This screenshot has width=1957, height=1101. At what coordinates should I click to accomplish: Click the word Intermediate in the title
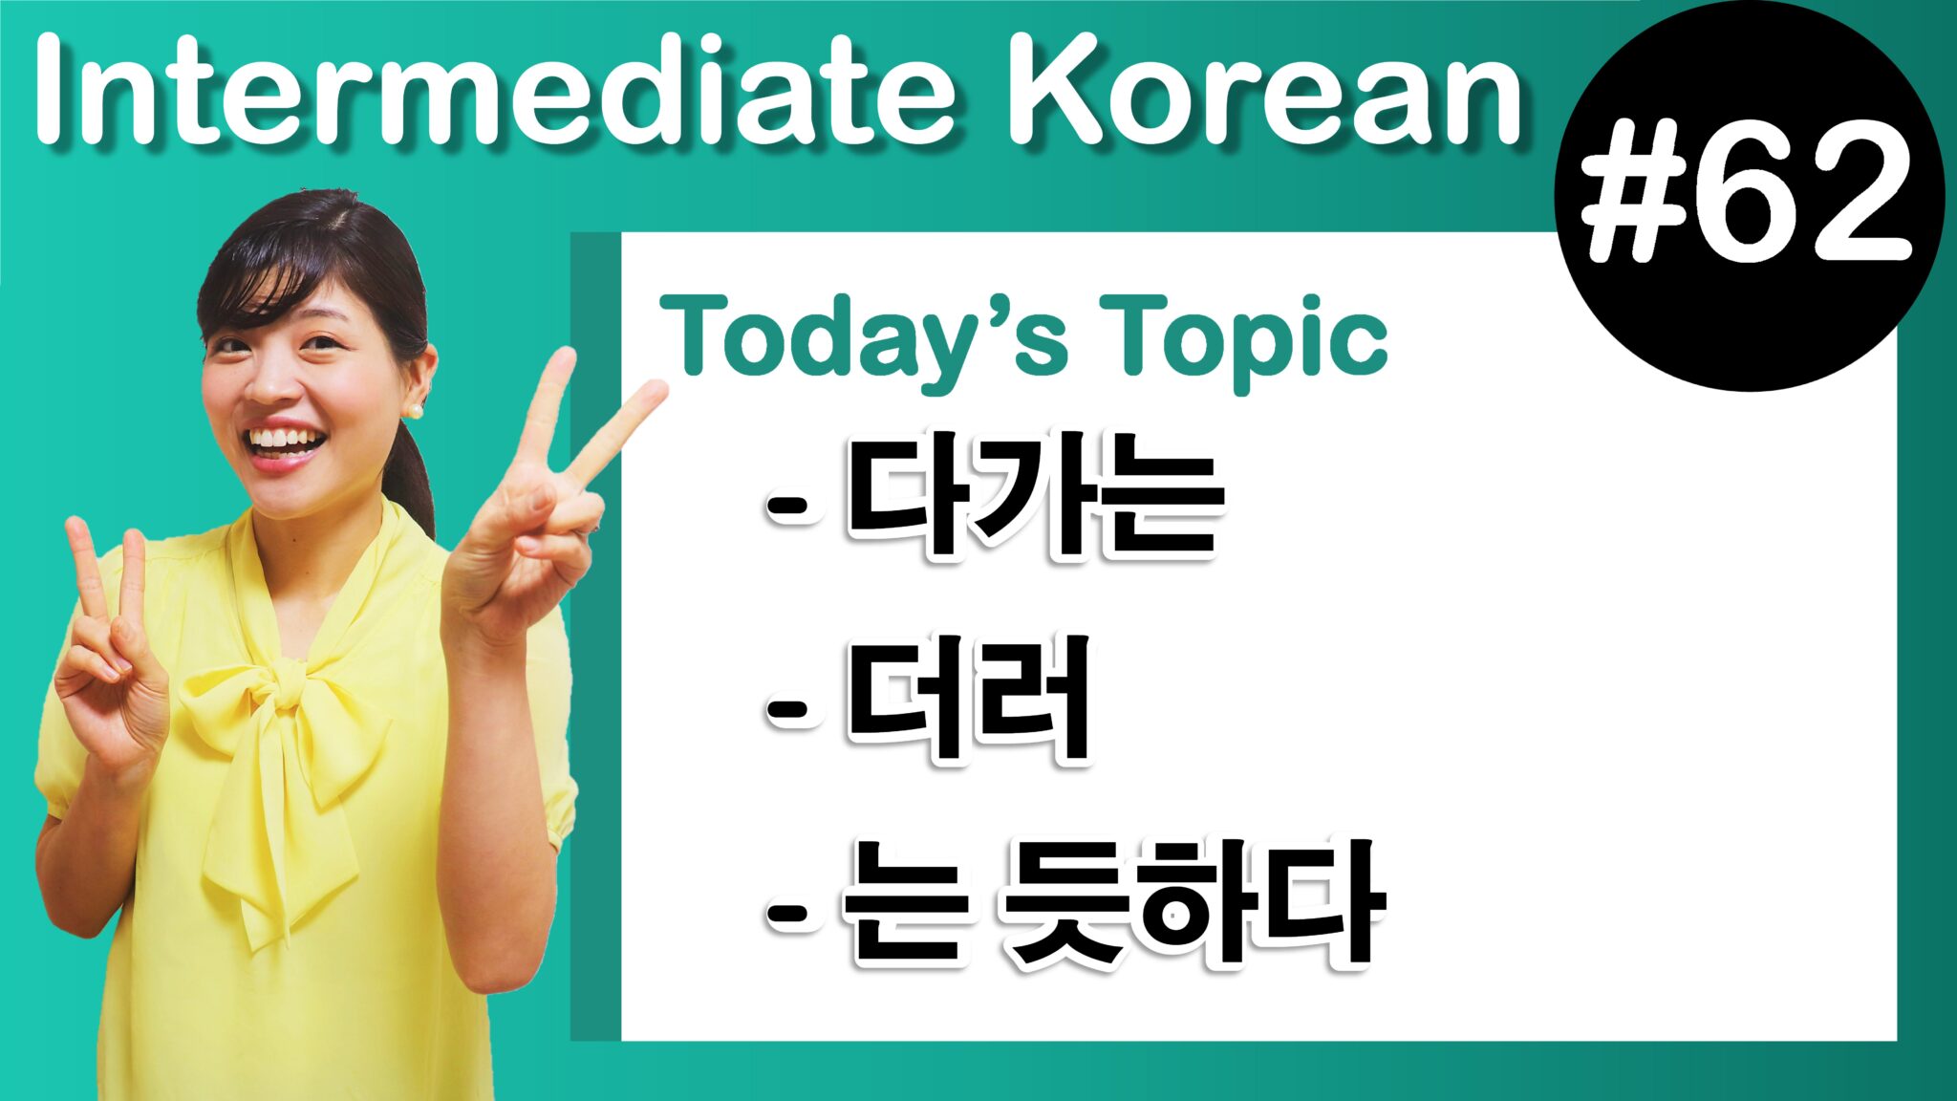(497, 94)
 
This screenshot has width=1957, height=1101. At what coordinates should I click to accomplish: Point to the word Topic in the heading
(1242, 336)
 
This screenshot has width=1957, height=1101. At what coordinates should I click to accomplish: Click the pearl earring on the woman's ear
(415, 410)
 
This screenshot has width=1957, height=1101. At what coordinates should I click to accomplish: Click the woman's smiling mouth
(285, 445)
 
